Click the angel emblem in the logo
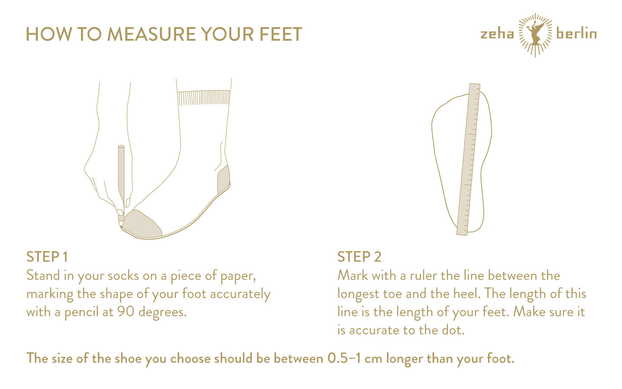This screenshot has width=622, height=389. pos(535,35)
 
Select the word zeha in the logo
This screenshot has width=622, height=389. pos(497,34)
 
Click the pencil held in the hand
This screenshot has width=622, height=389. pos(121,187)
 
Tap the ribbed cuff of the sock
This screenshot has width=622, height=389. pos(204,98)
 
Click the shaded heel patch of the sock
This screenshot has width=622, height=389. pos(224,180)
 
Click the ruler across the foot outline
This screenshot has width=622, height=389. pos(468,159)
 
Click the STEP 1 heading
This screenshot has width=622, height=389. pos(47,257)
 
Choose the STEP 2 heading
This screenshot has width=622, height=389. pos(359,257)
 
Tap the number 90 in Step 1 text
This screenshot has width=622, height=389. pos(126,312)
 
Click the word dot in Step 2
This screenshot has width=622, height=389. pos(454,330)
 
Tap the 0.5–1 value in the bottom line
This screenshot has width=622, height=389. pos(344,358)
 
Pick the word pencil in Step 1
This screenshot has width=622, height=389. pos(81,312)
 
